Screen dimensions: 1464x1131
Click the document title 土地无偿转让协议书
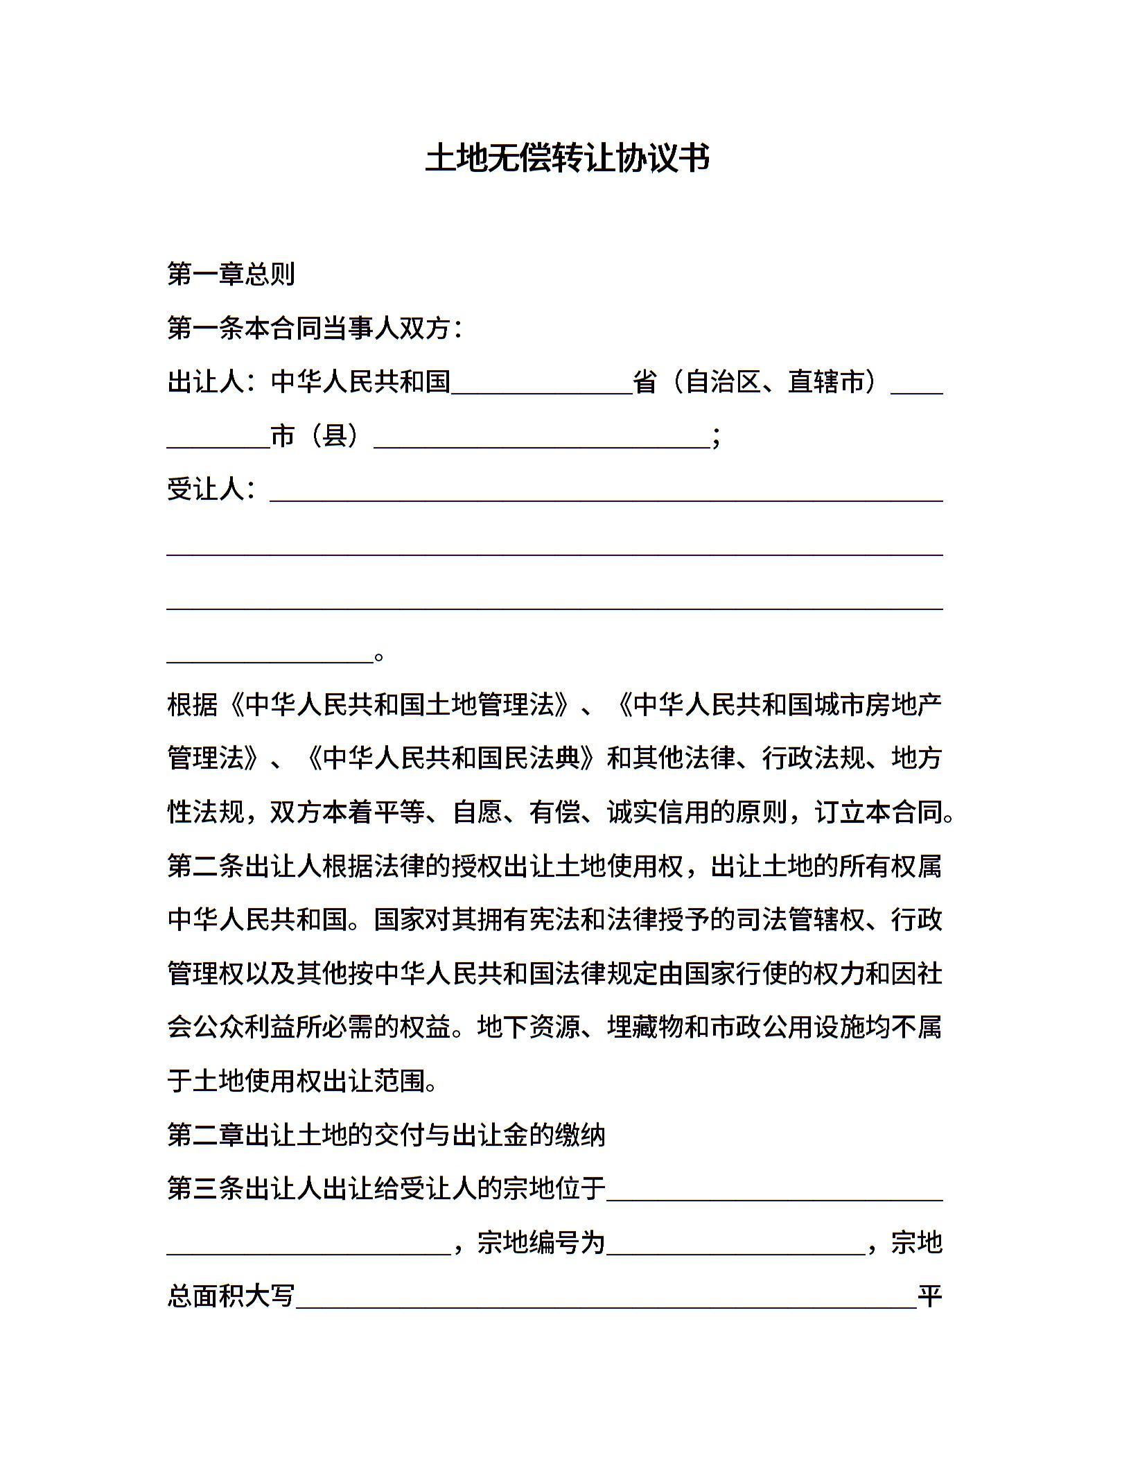pos(567,159)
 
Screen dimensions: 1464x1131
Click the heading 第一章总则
pos(231,274)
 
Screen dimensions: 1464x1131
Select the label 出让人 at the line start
pos(205,382)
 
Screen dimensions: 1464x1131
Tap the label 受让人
pos(205,489)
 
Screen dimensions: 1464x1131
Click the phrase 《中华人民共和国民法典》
pos(451,758)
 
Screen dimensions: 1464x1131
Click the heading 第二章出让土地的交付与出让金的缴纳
pos(387,1135)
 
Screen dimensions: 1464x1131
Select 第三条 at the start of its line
pos(205,1189)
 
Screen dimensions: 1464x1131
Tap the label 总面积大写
pos(231,1296)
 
